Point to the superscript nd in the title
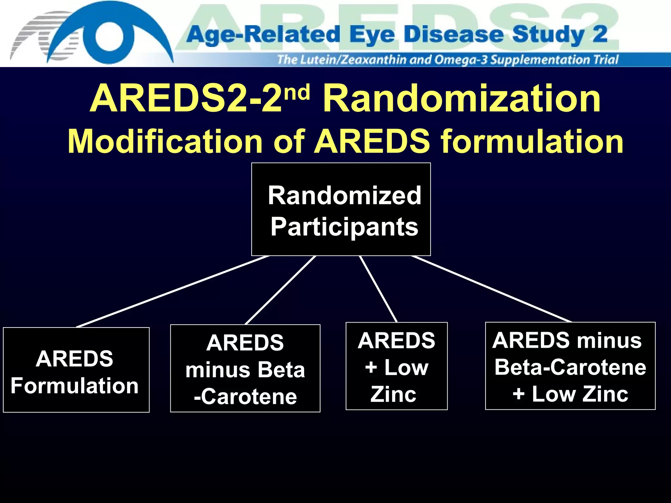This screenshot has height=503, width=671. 297,92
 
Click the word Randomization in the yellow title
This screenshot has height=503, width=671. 462,98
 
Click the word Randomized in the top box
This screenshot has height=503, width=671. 344,196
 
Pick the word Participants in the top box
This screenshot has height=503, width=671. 344,227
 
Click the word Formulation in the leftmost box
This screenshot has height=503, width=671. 75,386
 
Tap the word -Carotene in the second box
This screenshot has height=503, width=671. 245,397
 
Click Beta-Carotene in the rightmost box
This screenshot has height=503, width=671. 570,367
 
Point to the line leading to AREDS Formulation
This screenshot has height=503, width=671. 173,291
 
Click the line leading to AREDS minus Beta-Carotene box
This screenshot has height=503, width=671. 280,290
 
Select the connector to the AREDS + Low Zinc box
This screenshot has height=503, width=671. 378,289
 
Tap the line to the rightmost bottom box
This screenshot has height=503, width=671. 491,289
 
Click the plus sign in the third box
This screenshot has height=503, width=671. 371,367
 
